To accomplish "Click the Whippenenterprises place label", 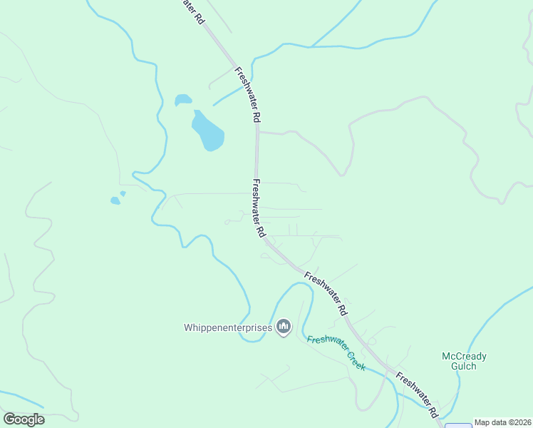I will coord(228,327).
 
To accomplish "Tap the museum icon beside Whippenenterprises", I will coord(284,327).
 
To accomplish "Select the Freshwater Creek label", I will coord(336,352).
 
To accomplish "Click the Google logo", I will coord(24,419).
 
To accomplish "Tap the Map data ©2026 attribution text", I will coord(502,422).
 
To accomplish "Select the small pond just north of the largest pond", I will coord(183,99).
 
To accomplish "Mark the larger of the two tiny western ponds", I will coord(115,200).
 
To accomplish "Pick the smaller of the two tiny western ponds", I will coord(123,193).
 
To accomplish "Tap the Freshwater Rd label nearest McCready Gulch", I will coord(418,395).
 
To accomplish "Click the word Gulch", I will coord(463,367).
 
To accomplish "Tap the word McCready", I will coord(463,356).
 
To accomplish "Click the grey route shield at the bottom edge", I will coord(458,425).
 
